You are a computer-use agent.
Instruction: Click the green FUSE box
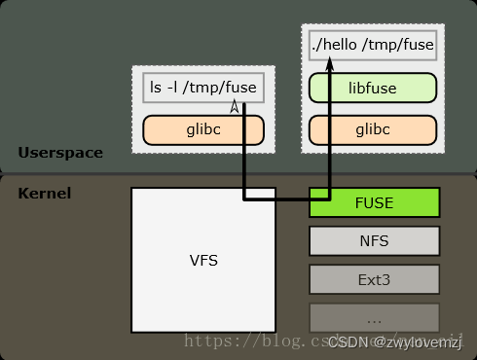[375, 202]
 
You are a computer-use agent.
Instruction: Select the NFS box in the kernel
[375, 240]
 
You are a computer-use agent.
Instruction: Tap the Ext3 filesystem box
[375, 279]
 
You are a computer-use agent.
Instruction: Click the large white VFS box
[203, 260]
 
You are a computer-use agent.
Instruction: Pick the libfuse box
[373, 87]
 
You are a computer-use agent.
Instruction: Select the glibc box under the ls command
[203, 129]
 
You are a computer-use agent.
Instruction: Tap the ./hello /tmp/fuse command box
[373, 45]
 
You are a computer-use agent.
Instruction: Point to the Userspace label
[59, 153]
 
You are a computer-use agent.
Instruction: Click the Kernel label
[44, 193]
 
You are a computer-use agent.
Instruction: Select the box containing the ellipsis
[375, 317]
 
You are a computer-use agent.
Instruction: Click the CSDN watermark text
[398, 342]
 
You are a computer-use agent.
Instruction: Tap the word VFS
[203, 261]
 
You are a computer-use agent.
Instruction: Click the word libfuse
[373, 87]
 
